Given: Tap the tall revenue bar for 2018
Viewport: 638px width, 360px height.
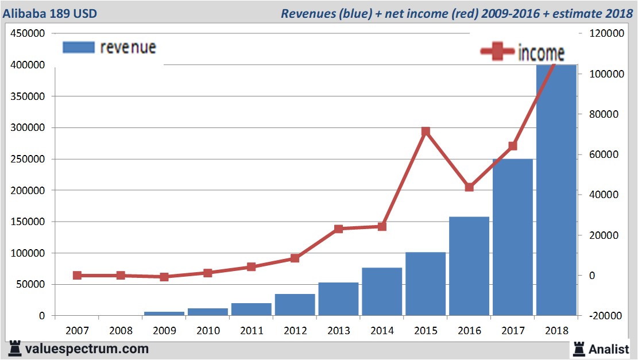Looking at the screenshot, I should point(556,189).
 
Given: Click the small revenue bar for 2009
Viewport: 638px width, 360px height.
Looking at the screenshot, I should point(164,313).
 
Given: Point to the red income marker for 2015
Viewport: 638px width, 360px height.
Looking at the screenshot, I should point(426,131).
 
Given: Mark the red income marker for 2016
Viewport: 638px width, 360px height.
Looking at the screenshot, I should point(469,187).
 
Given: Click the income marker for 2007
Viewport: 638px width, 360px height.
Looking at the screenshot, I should point(77,276).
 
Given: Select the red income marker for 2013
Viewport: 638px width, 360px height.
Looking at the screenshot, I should point(338,229).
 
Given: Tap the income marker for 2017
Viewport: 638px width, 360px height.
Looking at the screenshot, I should point(513,146).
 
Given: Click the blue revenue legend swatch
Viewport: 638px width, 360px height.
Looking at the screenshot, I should point(78,47).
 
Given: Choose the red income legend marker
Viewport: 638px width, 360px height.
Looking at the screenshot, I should point(497,52).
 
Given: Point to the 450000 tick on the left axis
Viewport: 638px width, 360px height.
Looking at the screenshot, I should point(28,34).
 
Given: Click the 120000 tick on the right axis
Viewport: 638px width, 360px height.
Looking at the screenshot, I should point(606,34).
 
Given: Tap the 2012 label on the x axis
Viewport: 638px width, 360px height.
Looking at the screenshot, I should point(295,331).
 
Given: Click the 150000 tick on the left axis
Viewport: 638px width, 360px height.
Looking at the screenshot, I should point(28,222).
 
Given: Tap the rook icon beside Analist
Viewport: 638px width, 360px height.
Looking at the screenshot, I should point(578,348).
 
